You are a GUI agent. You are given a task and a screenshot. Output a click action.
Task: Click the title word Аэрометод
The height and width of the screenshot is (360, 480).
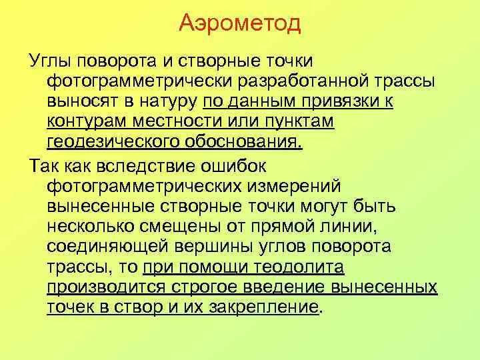point(240,25)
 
